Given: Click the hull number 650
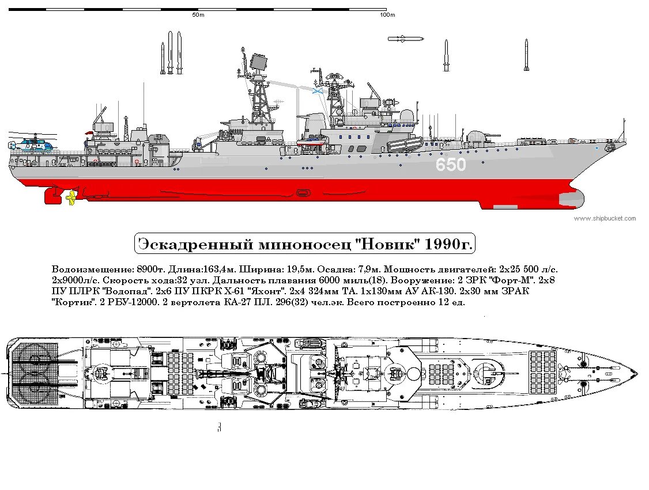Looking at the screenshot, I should (450, 165).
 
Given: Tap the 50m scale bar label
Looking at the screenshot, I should (198, 16).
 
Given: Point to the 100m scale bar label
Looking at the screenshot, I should (387, 16).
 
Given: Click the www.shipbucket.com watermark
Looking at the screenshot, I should (605, 218).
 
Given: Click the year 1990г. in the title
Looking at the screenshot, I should (447, 245).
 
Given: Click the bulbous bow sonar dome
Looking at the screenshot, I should (571, 199).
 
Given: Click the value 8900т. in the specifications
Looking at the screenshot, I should (150, 269).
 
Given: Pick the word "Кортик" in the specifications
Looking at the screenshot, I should (71, 302).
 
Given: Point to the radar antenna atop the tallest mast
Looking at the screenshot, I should (260, 62).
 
